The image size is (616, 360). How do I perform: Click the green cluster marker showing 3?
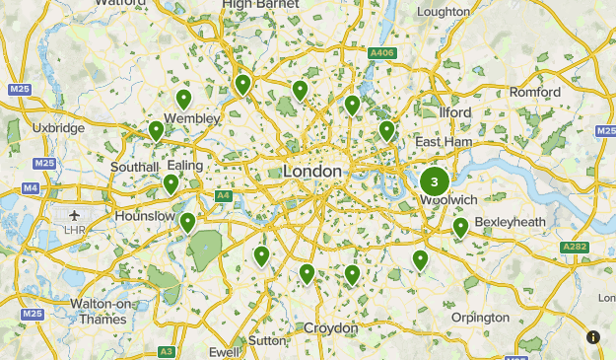coord(434,182)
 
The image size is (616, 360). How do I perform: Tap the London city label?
coord(312,172)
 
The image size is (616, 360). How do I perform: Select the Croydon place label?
coord(330,327)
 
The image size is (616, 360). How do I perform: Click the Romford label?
coord(535,93)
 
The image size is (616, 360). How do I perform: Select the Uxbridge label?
coord(58,128)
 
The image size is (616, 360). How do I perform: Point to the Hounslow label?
coord(145,215)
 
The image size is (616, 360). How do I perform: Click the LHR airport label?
coord(74,230)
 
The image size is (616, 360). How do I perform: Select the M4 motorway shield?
coord(31,187)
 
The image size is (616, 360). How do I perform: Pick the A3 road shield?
coord(167,351)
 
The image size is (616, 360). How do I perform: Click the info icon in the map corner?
coord(593,337)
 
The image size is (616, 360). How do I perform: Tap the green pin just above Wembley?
coord(183,99)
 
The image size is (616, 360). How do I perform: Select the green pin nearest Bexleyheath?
coord(460,229)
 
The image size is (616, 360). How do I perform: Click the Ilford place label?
coord(455,112)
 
